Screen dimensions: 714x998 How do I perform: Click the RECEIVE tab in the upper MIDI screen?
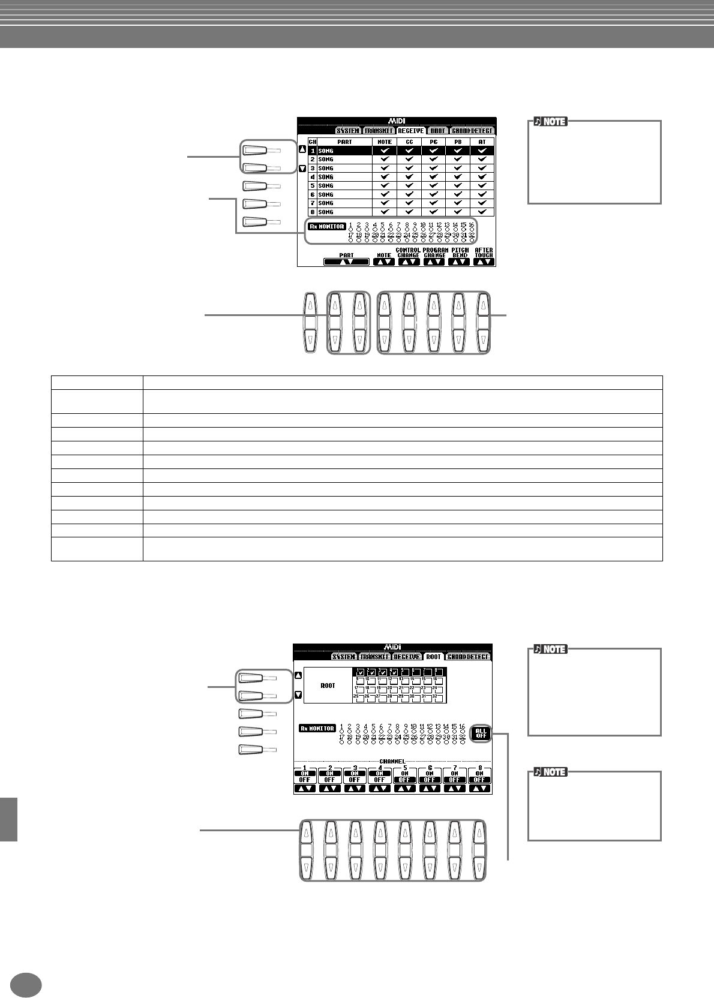pyautogui.click(x=410, y=130)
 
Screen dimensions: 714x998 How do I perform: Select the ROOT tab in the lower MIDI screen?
pyautogui.click(x=433, y=657)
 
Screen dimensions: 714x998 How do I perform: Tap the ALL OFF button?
pyautogui.click(x=481, y=733)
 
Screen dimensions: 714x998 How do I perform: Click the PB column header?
pyautogui.click(x=459, y=142)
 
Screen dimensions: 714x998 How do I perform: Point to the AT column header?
pyautogui.click(x=482, y=142)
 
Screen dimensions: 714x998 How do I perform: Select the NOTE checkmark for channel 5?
pyautogui.click(x=385, y=186)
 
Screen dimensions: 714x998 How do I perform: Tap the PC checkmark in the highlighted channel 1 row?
pyautogui.click(x=434, y=151)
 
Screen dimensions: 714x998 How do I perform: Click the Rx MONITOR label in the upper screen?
pyautogui.click(x=327, y=227)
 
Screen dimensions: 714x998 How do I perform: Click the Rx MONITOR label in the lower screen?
pyautogui.click(x=317, y=729)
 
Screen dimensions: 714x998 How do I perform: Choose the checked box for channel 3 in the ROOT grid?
pyautogui.click(x=382, y=672)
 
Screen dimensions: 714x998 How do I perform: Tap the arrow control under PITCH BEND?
pyautogui.click(x=459, y=261)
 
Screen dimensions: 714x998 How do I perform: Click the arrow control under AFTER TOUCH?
pyautogui.click(x=483, y=261)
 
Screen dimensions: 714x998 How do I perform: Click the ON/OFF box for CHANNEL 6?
pyautogui.click(x=429, y=777)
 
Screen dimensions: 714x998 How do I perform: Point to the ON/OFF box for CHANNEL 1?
pyautogui.click(x=305, y=777)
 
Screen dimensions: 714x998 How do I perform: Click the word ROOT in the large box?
pyautogui.click(x=328, y=686)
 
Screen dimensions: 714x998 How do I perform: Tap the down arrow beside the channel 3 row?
pyautogui.click(x=303, y=169)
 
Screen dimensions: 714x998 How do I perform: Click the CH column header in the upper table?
pyautogui.click(x=312, y=142)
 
